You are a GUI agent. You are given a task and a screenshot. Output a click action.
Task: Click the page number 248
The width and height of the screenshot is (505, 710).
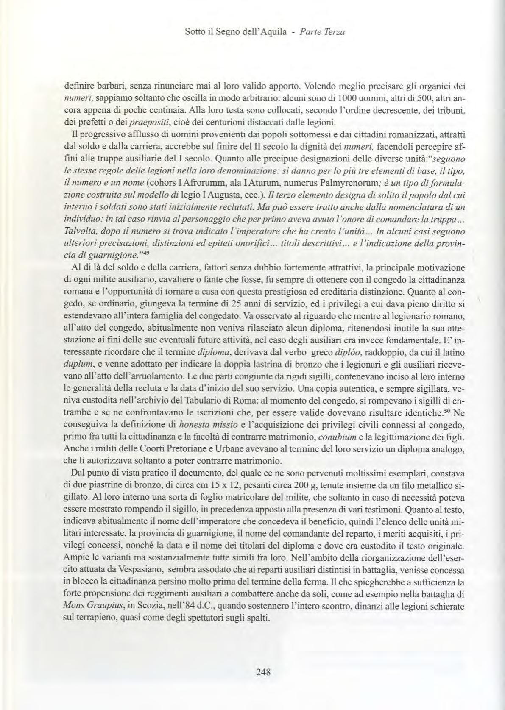[x=263, y=671]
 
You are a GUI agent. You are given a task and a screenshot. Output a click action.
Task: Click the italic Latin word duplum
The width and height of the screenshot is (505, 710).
[x=75, y=364]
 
